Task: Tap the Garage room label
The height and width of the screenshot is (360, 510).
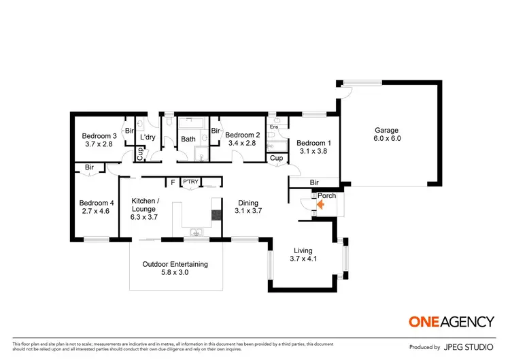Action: (x=386, y=131)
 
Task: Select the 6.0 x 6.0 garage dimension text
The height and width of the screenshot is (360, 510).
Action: (x=386, y=140)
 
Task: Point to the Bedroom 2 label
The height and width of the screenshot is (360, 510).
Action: (x=243, y=135)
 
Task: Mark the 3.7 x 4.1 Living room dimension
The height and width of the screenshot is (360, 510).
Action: (x=303, y=259)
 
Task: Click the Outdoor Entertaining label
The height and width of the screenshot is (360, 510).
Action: (x=175, y=264)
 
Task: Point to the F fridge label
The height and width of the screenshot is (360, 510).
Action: (x=173, y=182)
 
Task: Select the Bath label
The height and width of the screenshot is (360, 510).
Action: (x=188, y=140)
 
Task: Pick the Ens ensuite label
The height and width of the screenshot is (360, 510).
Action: (x=274, y=127)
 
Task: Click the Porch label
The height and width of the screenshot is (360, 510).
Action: (x=328, y=196)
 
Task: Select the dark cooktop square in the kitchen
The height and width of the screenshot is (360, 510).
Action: (x=217, y=215)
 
